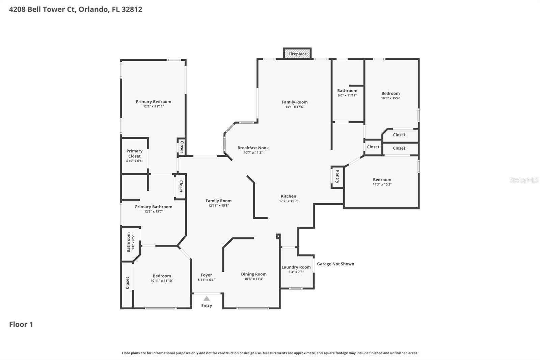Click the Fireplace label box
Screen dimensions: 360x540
[297, 54]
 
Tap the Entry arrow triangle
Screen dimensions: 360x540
[207, 299]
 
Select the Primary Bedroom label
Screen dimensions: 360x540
[153, 102]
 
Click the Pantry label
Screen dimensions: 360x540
[337, 177]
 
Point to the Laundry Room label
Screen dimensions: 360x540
[296, 267]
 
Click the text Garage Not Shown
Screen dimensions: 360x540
[335, 264]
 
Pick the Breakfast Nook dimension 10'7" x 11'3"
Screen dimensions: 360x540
[253, 153]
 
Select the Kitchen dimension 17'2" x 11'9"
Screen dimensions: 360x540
[288, 201]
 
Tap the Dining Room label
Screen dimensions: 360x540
[253, 274]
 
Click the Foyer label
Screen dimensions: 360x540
[206, 275]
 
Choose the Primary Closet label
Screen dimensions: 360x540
[134, 154]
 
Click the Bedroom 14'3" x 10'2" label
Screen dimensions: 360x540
[382, 180]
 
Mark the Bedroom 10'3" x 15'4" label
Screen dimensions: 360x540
[390, 94]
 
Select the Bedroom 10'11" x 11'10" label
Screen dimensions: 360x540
[162, 276]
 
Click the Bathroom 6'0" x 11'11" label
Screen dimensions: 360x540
[347, 91]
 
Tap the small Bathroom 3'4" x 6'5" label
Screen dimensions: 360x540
[129, 242]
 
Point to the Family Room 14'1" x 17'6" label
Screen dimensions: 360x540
[295, 102]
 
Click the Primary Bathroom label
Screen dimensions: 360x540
[154, 207]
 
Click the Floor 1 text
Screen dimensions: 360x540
[21, 324]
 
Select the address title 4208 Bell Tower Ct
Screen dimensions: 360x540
[76, 9]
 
